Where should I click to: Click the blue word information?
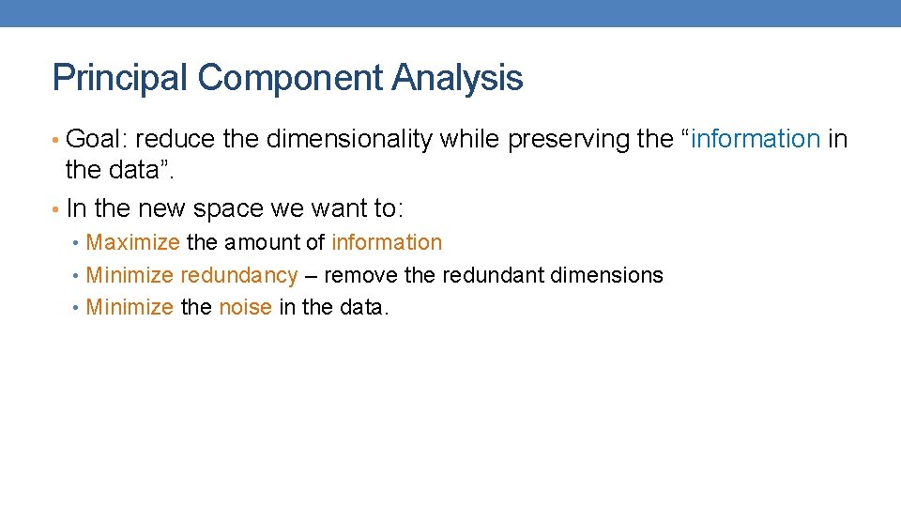(x=756, y=140)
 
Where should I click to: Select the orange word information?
(x=387, y=242)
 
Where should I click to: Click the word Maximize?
(x=132, y=242)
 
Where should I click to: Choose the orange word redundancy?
(x=238, y=275)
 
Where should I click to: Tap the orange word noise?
(x=245, y=307)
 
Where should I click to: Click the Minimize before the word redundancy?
(x=130, y=275)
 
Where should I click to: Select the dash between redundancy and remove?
(x=311, y=276)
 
